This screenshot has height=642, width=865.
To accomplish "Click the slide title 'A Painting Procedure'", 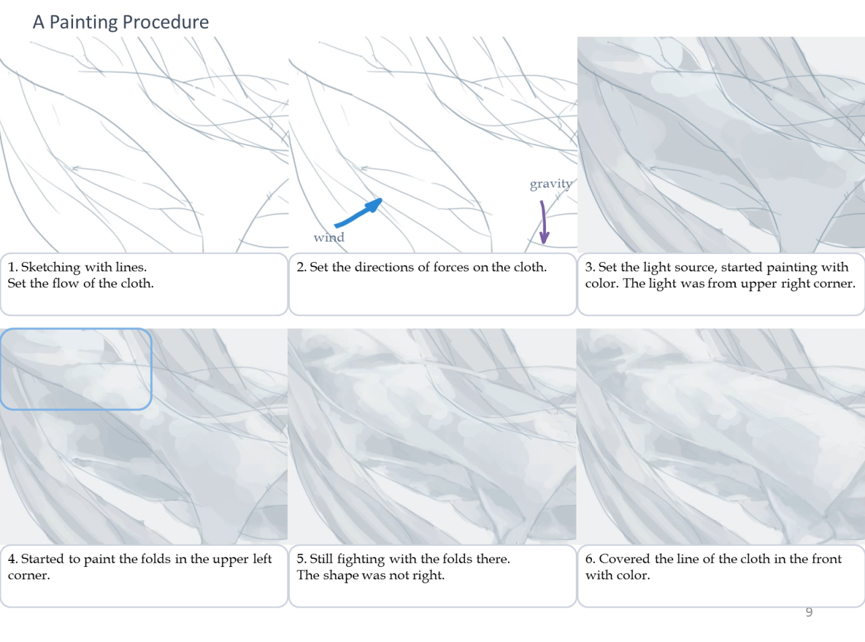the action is (120, 22).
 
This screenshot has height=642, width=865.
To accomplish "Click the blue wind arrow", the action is (359, 214).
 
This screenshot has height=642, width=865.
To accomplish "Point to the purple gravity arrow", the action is (543, 222).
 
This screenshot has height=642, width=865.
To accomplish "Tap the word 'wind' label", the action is (328, 237).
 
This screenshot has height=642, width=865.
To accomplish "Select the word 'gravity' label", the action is (551, 184).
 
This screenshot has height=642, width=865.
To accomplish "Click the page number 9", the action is (809, 612).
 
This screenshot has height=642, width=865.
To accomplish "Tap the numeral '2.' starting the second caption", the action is (301, 267).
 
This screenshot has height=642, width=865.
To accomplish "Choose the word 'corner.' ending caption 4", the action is (29, 576).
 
